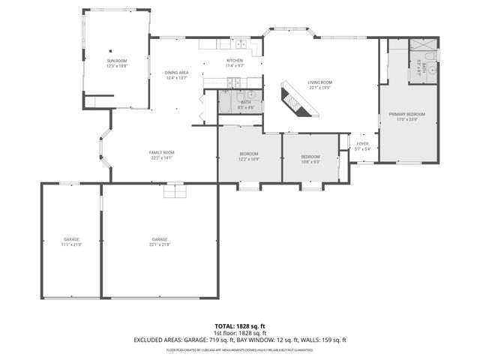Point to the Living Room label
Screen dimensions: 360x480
[319, 84]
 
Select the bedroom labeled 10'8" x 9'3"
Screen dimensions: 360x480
[310, 158]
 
